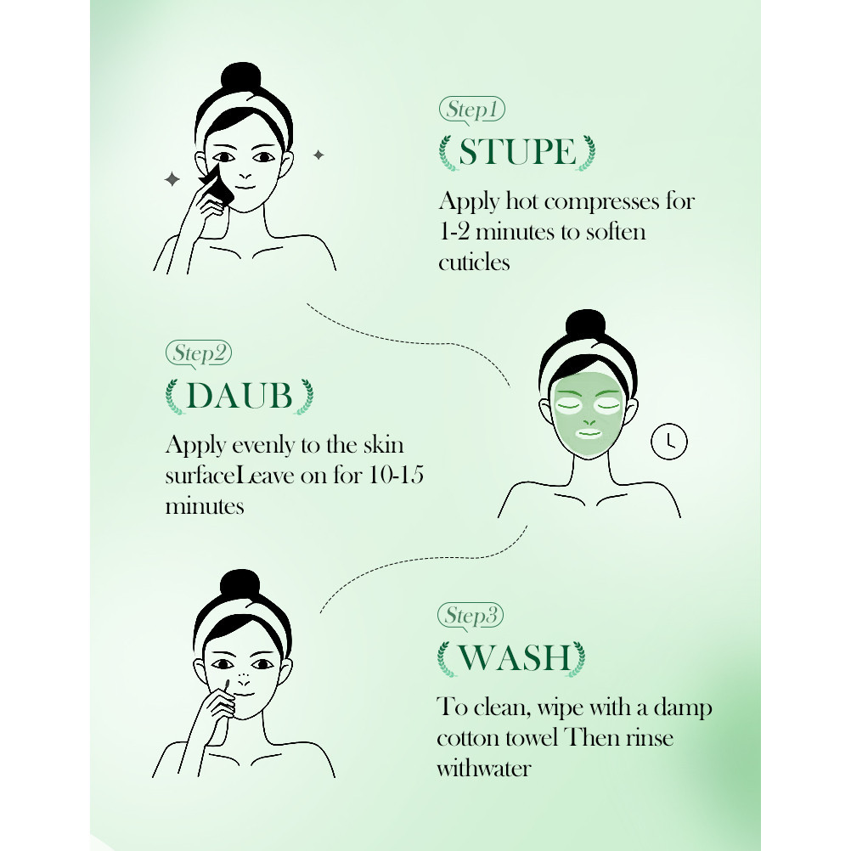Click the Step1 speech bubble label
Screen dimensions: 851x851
471,110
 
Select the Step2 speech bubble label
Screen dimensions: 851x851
199,354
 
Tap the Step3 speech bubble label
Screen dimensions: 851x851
471,616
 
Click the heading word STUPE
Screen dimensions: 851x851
517,152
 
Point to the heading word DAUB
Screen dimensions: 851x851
240,396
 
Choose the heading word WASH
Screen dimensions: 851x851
513,658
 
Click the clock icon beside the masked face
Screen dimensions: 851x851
669,442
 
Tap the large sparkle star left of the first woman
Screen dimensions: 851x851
172,179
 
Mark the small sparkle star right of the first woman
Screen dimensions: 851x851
318,155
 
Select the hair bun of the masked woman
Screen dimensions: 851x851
585,325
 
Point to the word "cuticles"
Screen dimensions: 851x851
475,262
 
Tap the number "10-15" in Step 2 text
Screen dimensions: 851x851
396,476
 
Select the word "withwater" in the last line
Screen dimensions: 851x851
483,769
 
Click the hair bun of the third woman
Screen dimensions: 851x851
240,585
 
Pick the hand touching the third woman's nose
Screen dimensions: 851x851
217,706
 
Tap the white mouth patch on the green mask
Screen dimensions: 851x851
589,433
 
